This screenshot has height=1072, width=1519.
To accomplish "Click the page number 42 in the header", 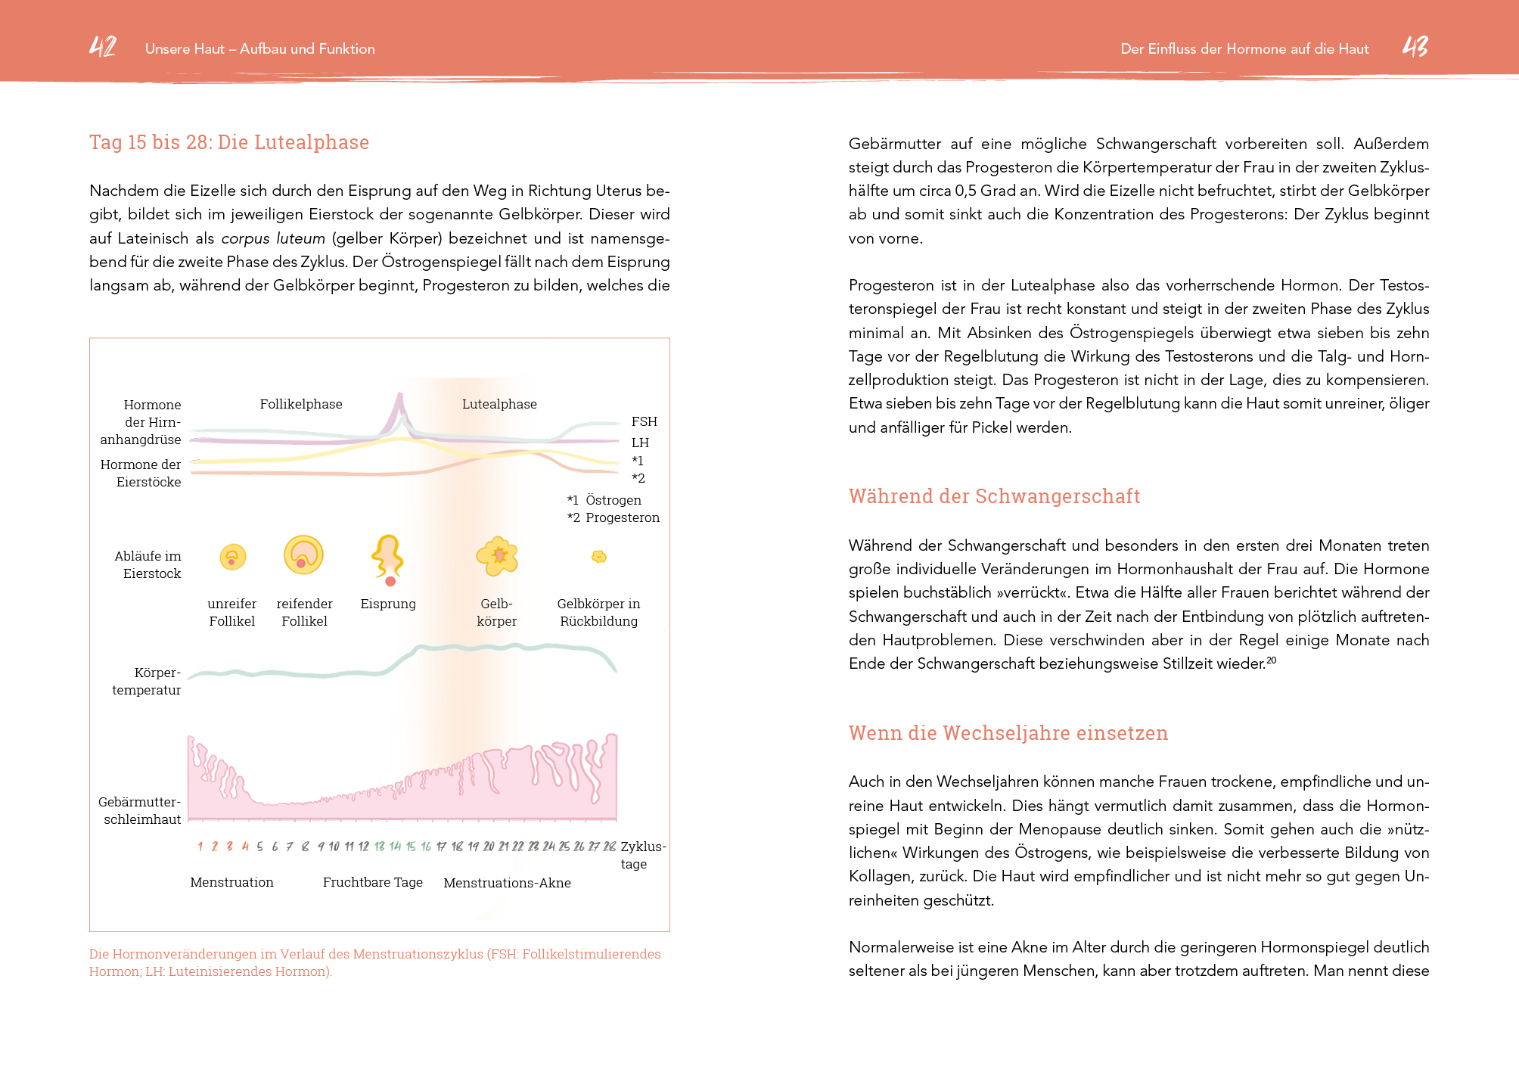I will point(103,47).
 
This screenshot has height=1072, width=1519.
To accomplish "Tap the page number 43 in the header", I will point(1415,47).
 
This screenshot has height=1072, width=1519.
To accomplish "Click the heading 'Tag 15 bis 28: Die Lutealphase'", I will point(229,142).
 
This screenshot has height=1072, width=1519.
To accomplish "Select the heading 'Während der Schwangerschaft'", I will point(994,496).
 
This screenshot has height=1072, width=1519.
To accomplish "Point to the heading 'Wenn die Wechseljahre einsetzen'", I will point(1008,733).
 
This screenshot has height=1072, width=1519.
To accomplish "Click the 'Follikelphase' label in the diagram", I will point(301,404).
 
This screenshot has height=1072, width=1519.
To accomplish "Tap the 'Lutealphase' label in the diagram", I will point(499,404).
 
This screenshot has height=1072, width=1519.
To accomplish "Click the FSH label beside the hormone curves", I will point(645,421).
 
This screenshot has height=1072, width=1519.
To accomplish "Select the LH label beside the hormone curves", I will point(641,443).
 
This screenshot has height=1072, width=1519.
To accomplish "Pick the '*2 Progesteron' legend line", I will point(614,517).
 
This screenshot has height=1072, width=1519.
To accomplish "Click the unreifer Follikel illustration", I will point(233,558).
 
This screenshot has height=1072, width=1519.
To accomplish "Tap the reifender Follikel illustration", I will point(303,555).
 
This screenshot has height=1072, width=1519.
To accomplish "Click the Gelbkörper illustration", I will point(497,557).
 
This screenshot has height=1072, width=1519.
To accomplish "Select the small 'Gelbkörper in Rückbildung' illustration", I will point(599,557).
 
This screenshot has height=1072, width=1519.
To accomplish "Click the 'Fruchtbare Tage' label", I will point(372,882).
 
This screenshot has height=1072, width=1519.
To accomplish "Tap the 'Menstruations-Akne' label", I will point(507,883).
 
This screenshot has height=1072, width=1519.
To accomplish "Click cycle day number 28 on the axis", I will point(610,847).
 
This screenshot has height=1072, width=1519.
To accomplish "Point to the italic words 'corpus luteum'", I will point(273,238).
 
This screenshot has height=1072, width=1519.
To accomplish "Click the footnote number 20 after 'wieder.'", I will point(1272,660).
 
